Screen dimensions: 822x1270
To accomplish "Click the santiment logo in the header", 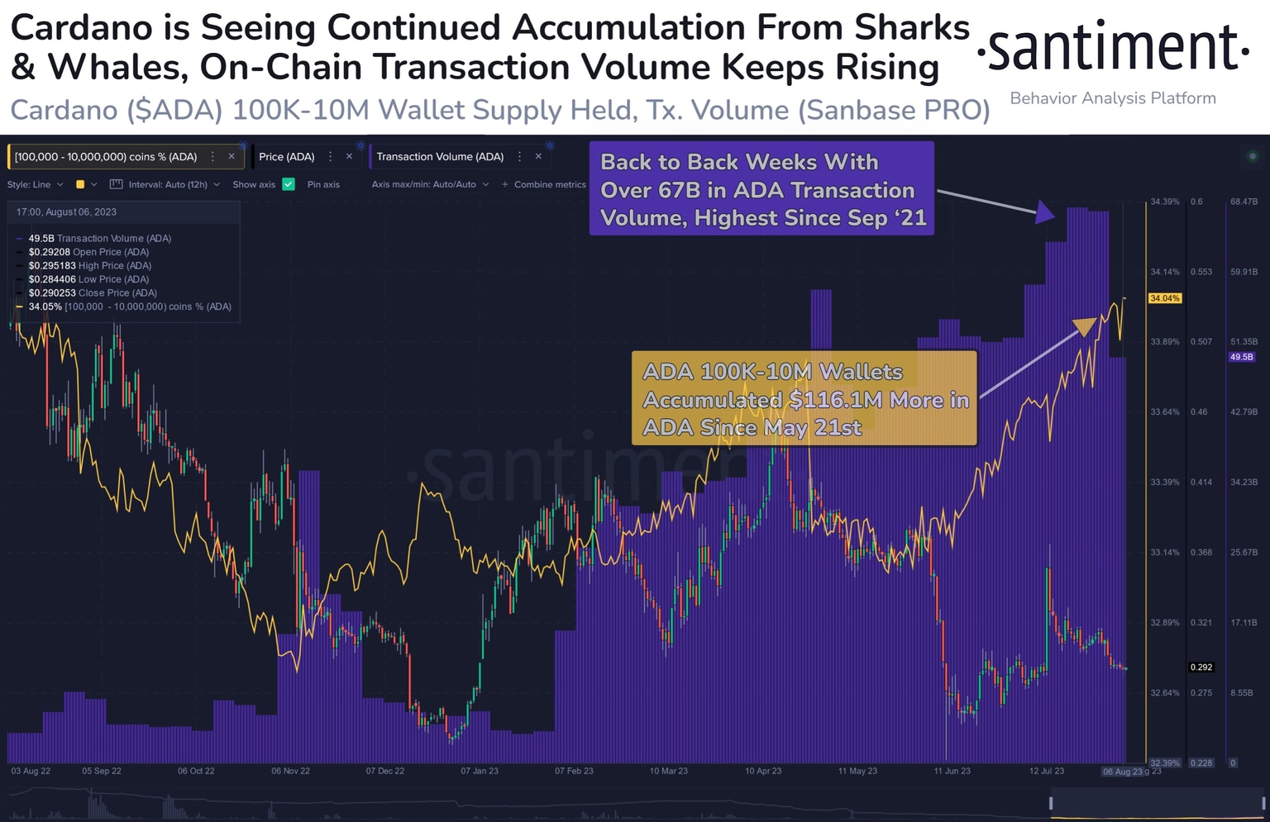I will coord(1112,50).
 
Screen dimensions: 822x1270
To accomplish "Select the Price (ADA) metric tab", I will coord(286,156).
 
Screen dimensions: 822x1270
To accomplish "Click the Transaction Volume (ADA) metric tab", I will coord(440,156).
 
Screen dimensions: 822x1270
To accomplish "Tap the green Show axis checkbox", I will coord(289,184).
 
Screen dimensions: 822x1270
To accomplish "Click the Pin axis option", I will coord(323,184).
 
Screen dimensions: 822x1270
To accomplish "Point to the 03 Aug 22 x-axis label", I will coord(31,771).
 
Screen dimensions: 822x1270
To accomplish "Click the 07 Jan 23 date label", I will coord(480,771).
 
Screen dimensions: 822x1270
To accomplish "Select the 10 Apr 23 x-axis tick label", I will coord(763,771).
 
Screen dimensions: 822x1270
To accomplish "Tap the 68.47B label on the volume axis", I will coord(1244,202).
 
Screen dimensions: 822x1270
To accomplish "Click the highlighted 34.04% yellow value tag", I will coord(1164,298).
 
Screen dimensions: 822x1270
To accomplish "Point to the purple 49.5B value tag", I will coord(1241,357).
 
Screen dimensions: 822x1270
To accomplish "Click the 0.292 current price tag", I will coord(1201,667).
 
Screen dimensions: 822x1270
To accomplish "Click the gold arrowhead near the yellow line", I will coord(1085,326).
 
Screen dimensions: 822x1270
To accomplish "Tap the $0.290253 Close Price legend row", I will coord(92,292).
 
